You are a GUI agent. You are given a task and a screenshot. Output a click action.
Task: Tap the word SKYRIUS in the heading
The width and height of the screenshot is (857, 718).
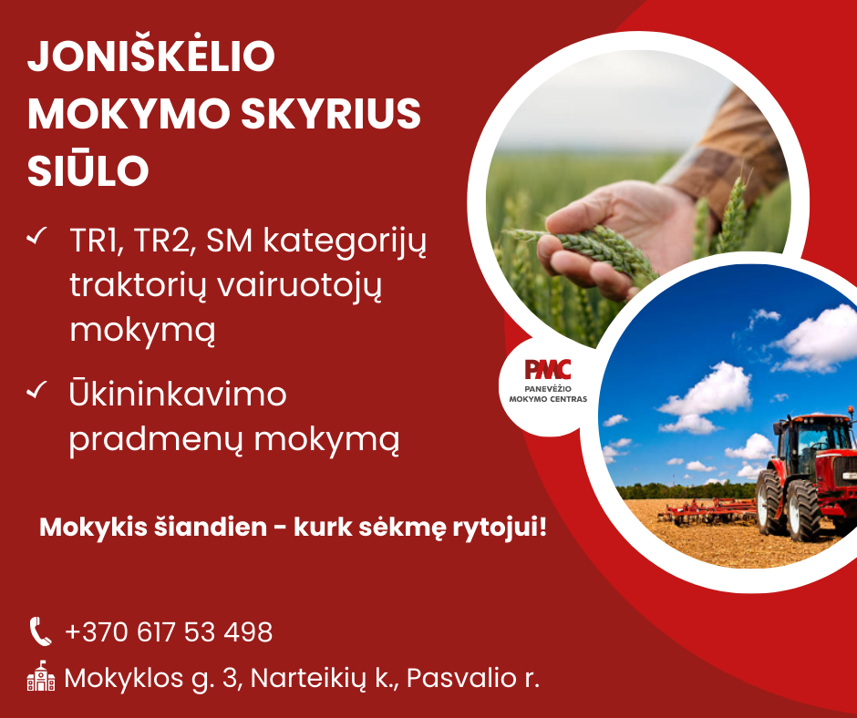click(x=331, y=114)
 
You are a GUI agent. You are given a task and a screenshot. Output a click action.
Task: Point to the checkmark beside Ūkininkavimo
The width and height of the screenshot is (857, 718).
click(x=36, y=390)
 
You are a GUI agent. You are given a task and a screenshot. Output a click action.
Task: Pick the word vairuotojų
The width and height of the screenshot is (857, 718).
click(x=299, y=286)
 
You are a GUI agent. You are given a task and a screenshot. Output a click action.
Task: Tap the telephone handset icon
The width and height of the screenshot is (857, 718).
click(x=40, y=631)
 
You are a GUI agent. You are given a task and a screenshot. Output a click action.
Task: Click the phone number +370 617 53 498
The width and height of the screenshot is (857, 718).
click(x=169, y=632)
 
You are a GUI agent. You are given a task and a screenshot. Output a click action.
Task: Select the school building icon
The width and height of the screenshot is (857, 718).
click(x=41, y=676)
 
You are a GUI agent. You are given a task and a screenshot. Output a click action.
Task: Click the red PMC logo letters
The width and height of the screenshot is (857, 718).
click(x=548, y=369)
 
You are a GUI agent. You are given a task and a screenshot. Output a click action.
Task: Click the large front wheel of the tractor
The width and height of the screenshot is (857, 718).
click(x=802, y=510)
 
